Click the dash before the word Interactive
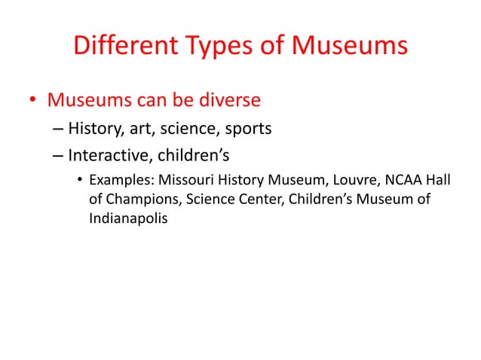pos(58,157)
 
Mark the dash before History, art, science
pos(58,129)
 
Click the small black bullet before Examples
pos(79,182)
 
